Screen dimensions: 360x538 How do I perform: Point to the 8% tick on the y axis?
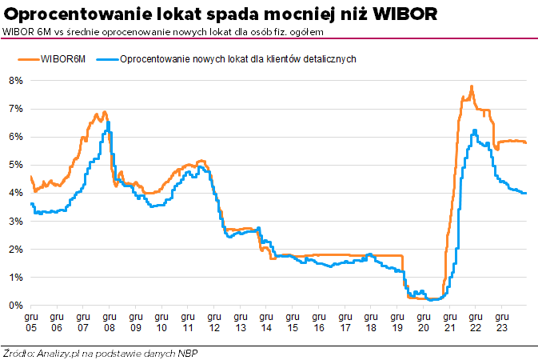[15, 81]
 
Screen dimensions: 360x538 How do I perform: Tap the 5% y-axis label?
[15, 165]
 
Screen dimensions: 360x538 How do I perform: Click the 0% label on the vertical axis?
[15, 306]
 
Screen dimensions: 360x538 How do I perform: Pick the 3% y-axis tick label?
[15, 221]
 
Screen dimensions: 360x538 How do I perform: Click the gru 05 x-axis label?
[30, 322]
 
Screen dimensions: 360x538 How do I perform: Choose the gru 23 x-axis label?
[500, 322]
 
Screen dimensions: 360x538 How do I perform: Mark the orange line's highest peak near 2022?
[472, 86]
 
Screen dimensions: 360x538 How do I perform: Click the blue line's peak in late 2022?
[475, 130]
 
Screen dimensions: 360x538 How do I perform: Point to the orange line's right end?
[526, 142]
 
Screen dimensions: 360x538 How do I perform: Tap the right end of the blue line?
[526, 193]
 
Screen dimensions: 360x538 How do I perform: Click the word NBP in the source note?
[189, 352]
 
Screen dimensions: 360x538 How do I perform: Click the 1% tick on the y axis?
[15, 278]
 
